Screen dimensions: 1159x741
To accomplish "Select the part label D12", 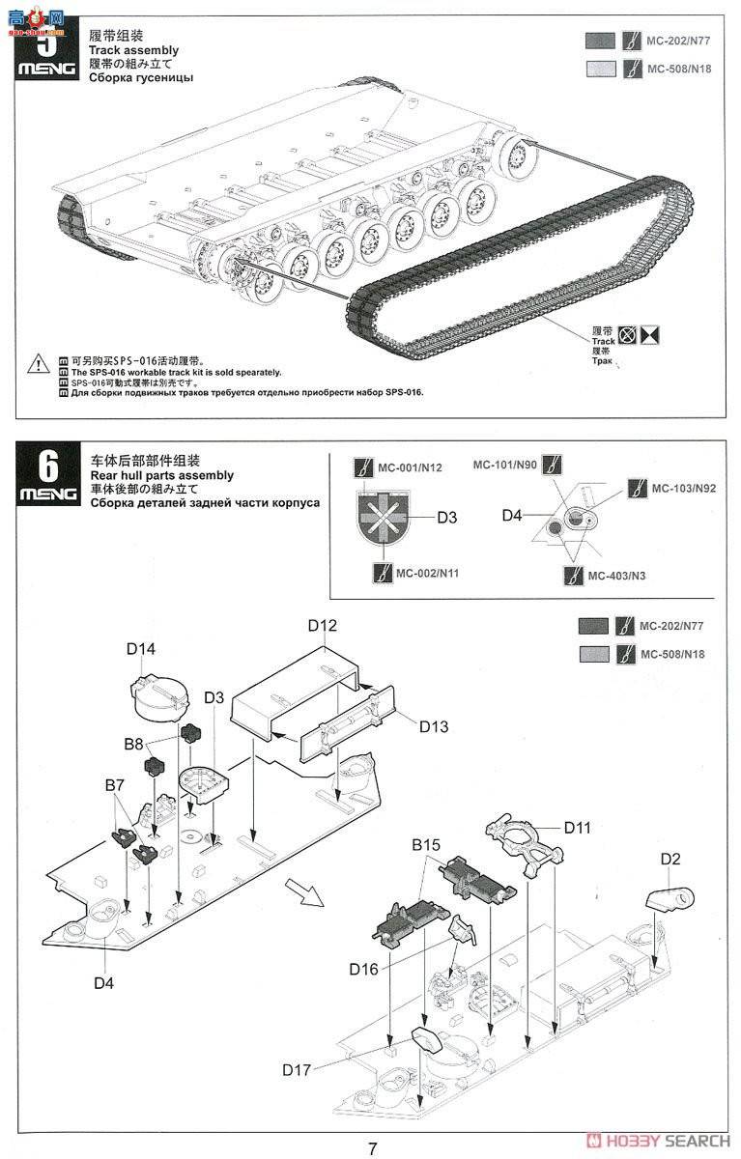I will pos(323,626).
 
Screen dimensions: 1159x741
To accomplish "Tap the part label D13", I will pos(433,725).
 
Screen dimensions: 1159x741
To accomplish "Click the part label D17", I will pos(298,1069).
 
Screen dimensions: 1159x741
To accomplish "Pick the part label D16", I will pos(364,969).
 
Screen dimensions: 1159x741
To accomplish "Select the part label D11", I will pos(578,827).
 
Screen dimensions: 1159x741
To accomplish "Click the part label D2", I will pos(671,858).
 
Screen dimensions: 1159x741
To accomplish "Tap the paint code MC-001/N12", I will pos(410,467).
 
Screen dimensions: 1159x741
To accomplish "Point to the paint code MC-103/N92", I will pos(684,488).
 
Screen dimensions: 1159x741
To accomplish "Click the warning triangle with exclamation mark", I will pos(37,364).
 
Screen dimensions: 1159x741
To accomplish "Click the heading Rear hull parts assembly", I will pos(161,475).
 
